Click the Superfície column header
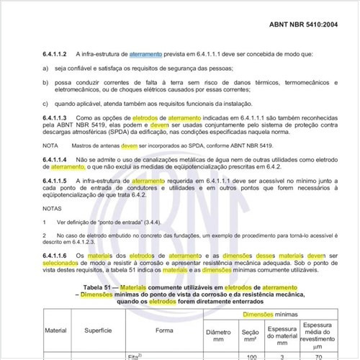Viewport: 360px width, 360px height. (96, 330)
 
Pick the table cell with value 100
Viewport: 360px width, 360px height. (252, 356)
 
